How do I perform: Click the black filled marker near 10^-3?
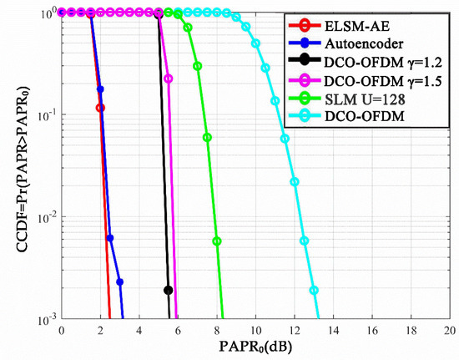[x=169, y=290]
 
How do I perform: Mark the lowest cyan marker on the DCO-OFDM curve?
[x=314, y=290]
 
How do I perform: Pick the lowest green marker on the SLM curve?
[x=217, y=241]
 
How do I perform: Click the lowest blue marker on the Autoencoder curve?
[x=120, y=281]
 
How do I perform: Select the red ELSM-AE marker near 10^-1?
[x=100, y=108]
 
